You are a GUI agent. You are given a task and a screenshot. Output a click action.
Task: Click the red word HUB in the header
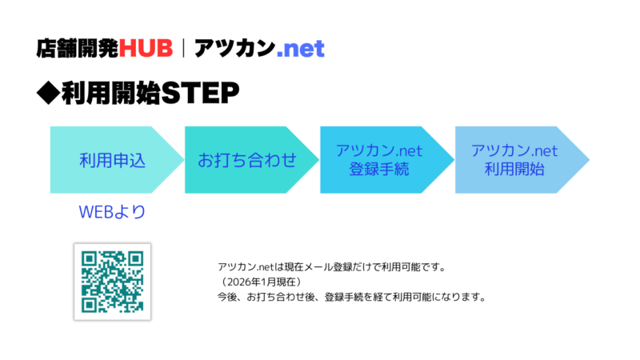146,48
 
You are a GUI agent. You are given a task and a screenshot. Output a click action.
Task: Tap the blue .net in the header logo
301,48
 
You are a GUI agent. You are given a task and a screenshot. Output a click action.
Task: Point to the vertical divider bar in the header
184,48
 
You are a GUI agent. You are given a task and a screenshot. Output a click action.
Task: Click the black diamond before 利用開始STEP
47,93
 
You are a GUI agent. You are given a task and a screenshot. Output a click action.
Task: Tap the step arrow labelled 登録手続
380,159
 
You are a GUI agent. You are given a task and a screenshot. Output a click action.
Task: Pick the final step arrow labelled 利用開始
515,159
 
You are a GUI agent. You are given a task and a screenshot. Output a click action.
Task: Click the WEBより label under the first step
112,212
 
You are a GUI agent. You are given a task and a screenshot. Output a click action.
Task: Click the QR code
113,281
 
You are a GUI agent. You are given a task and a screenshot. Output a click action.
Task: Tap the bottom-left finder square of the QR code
90,304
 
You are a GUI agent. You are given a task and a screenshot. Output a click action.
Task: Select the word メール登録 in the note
340,267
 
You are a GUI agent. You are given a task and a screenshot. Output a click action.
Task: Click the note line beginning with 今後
352,297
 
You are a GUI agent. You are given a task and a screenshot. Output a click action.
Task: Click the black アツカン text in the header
232,48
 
